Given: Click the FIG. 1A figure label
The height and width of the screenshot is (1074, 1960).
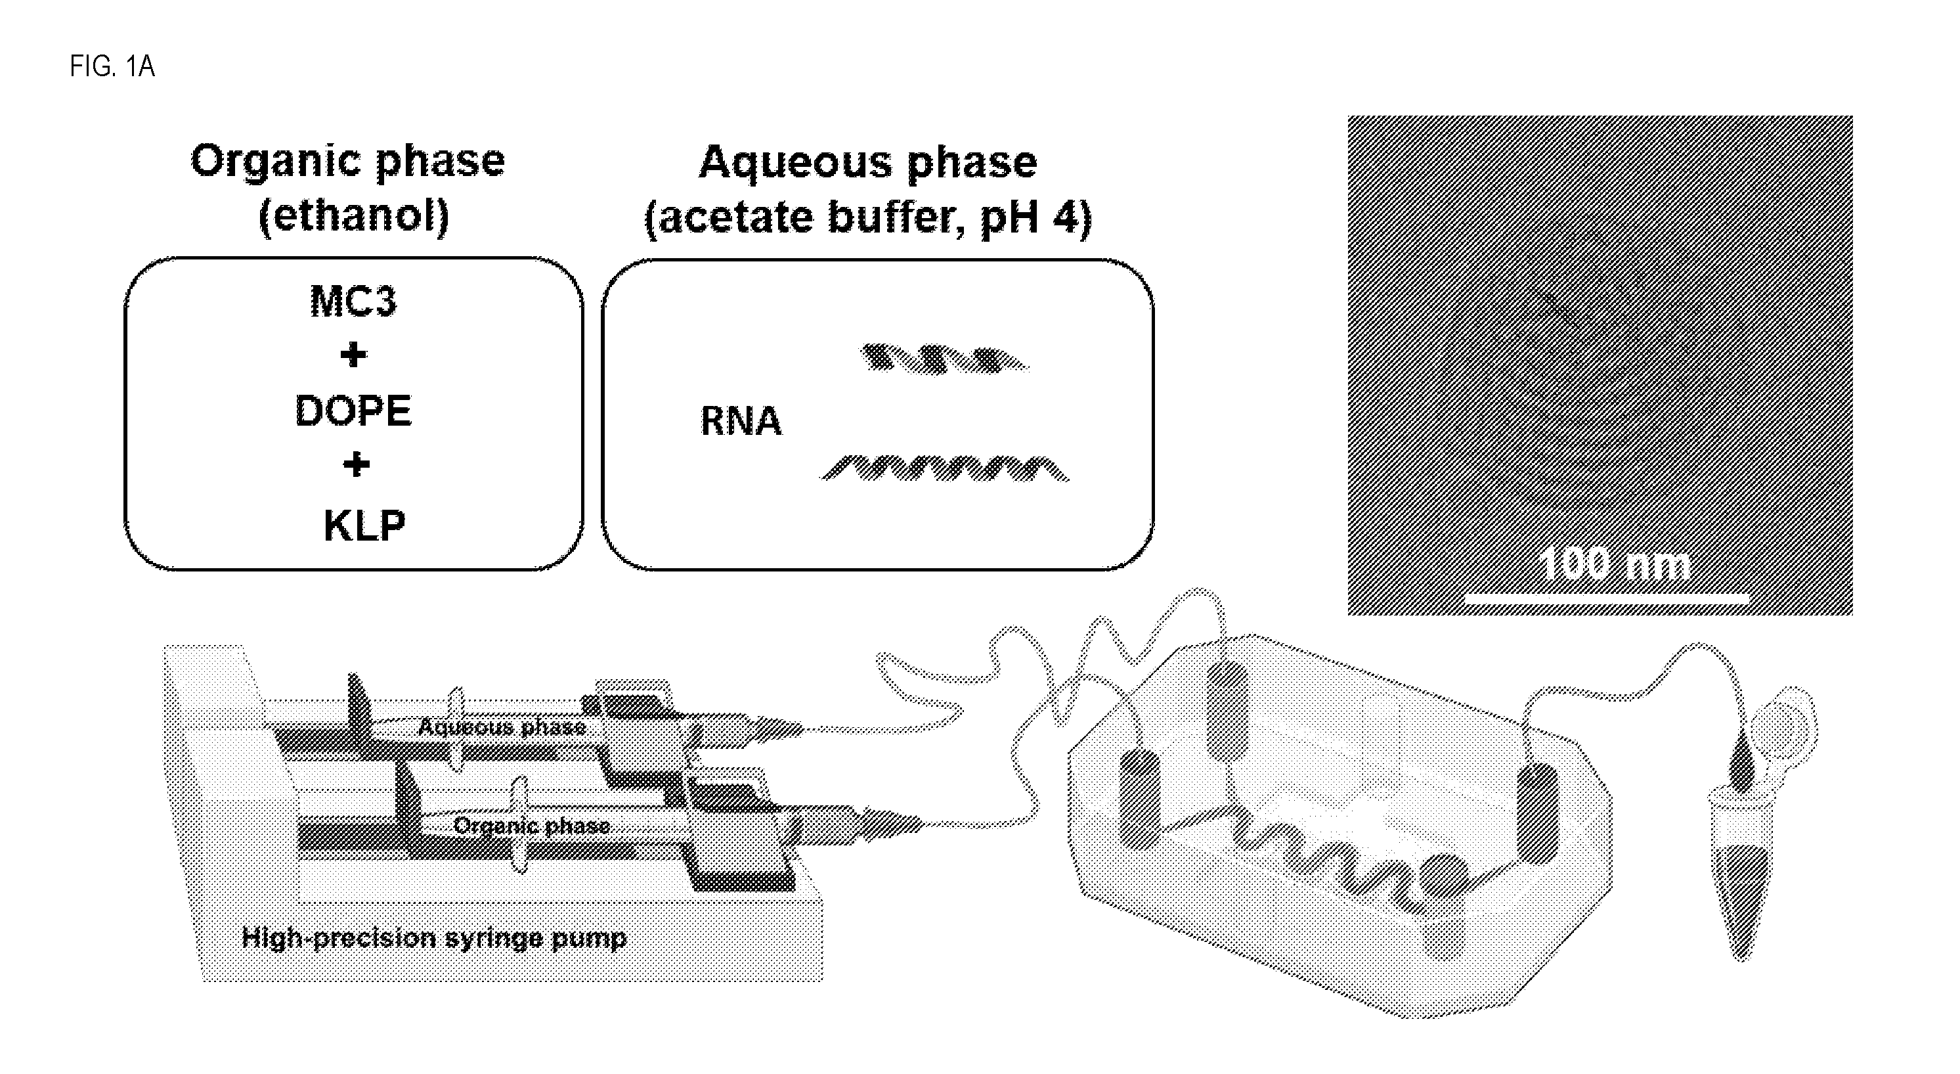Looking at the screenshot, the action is pos(112,67).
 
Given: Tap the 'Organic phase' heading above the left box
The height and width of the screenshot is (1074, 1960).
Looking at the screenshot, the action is pos(348,162).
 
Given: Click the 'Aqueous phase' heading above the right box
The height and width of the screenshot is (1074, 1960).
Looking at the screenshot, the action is pos(868,162).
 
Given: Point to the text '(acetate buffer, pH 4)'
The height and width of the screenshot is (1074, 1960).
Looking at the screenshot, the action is pos(868,217).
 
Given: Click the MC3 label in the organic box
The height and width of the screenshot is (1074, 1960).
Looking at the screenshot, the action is pos(353,302).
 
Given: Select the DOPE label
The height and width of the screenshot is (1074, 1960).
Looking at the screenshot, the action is pos(353,411).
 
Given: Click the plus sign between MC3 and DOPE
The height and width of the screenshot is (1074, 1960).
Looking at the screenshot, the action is pos(353,355).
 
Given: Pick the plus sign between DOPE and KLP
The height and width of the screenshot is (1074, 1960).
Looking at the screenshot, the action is pos(356,464).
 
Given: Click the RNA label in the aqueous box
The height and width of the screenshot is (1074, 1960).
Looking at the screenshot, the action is pos(741,422).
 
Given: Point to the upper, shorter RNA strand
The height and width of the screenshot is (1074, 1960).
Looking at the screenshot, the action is pos(944,359).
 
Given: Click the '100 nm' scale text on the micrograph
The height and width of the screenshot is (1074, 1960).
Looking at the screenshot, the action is pos(1614,565).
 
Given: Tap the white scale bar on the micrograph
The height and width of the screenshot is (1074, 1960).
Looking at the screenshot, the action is pos(1607,600).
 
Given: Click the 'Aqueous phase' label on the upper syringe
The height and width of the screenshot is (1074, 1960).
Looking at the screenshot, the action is pos(502,727).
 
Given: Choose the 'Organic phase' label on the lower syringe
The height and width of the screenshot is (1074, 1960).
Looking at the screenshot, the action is pos(532,826).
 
